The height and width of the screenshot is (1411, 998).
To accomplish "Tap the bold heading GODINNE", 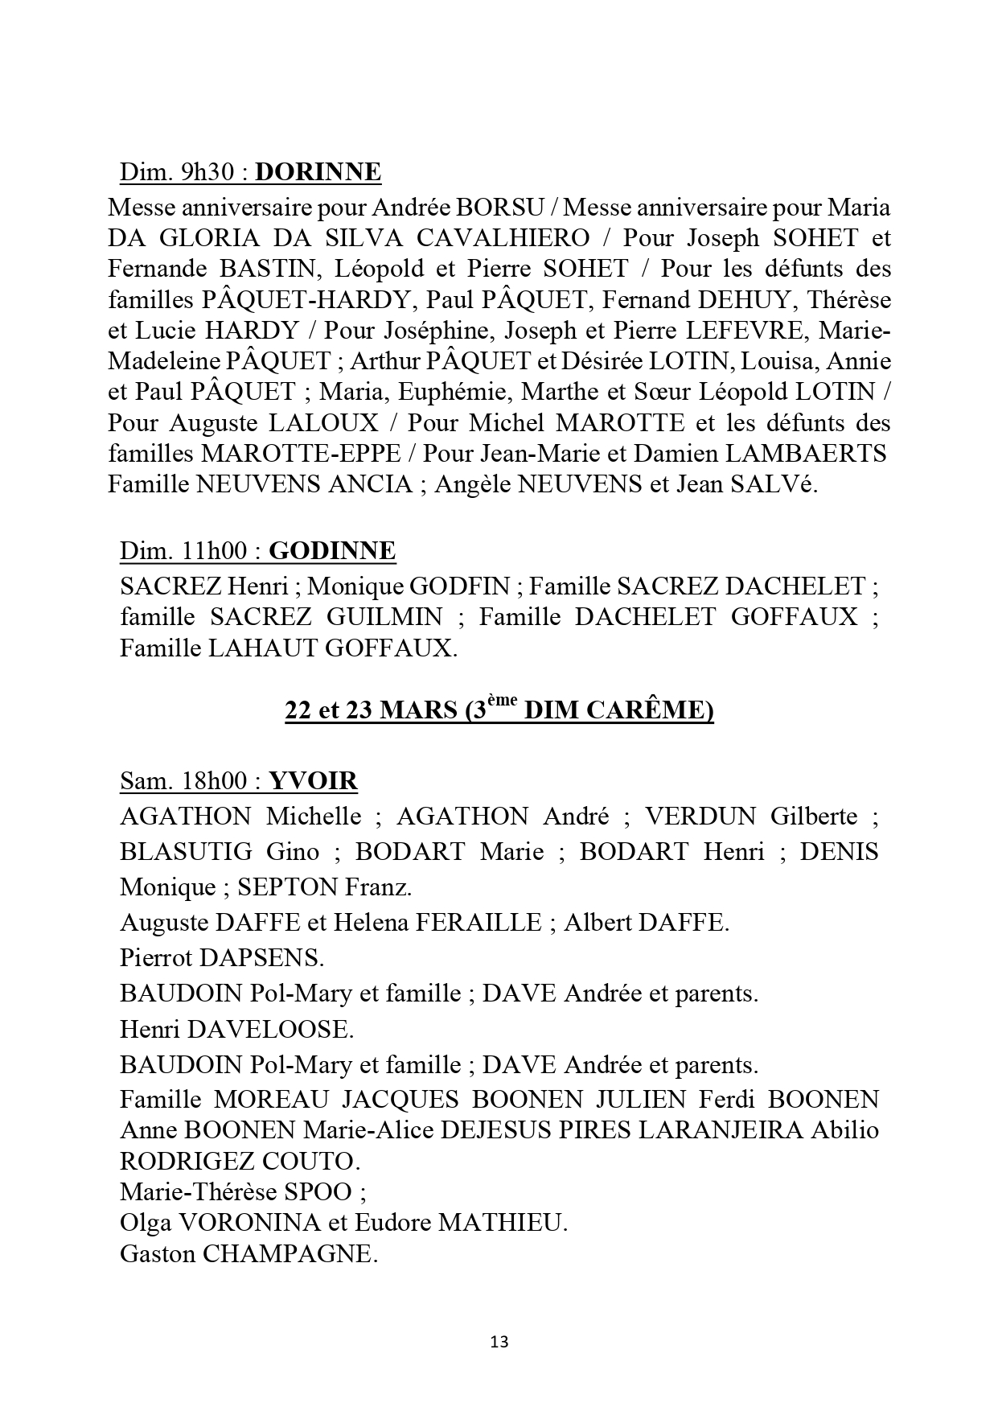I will coord(331,551).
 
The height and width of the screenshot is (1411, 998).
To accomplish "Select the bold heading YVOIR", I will coord(314,781).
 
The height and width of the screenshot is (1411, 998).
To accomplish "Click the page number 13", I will coord(499,1341).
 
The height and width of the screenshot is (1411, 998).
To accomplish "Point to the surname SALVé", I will coord(777,484).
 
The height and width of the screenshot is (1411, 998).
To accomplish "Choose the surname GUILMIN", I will coord(384,617).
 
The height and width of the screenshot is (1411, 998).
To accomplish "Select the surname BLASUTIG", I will coord(187,851).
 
